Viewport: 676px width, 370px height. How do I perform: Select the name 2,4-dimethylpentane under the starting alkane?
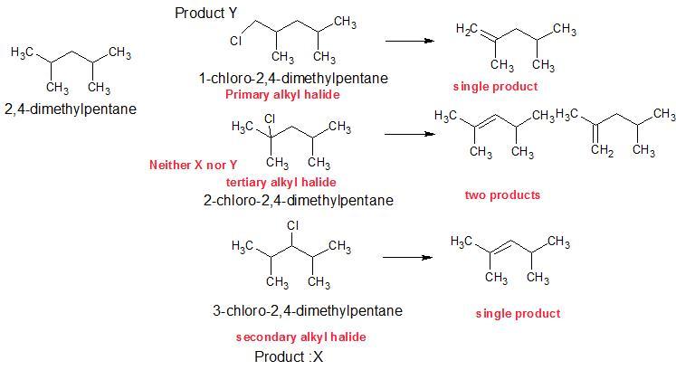71,109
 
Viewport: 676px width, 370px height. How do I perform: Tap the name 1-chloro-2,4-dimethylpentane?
292,79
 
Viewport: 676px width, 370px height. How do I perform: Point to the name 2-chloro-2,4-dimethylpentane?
298,200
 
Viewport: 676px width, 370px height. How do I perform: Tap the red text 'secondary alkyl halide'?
300,337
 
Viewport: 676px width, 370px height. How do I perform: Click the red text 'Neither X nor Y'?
193,165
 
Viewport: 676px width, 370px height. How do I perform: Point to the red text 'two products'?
502,194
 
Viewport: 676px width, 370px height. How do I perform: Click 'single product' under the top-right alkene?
495,86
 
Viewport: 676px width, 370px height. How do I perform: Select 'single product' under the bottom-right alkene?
518,313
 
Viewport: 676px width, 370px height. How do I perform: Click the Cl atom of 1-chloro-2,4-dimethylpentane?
236,41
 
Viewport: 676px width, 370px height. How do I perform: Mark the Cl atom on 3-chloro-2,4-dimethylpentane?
292,224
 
